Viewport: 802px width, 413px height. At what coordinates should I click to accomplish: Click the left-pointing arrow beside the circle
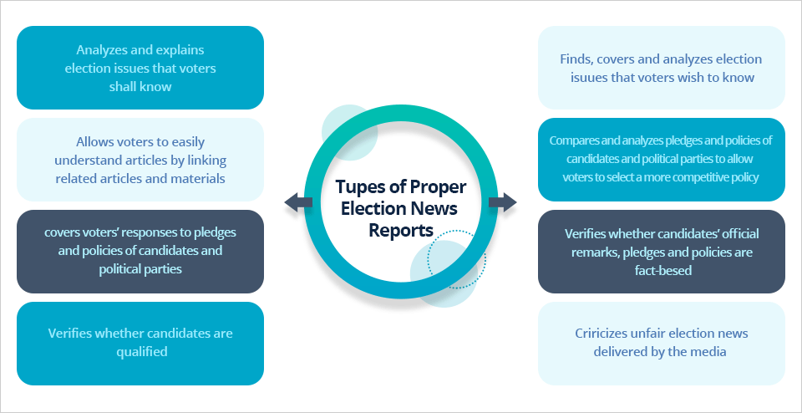[x=297, y=201]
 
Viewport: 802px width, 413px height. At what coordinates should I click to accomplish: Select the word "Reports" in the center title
[x=400, y=230]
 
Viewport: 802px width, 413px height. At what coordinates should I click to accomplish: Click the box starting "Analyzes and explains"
[x=140, y=68]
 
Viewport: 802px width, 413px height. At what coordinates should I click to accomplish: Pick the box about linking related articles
[x=140, y=160]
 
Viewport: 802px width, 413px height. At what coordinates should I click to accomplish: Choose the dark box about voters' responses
[x=140, y=252]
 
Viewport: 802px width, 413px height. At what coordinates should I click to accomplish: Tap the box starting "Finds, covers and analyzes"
[x=661, y=68]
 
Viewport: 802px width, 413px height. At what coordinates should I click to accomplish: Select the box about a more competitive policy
[x=661, y=160]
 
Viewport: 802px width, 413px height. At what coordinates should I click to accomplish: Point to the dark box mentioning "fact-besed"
[x=661, y=252]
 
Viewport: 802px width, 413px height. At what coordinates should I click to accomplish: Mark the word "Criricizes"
[x=607, y=334]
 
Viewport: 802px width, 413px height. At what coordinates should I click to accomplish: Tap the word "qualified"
[x=140, y=352]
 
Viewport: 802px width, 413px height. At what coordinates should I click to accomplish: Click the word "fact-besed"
[x=661, y=271]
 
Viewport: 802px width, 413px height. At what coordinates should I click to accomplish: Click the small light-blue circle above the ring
[x=343, y=125]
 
